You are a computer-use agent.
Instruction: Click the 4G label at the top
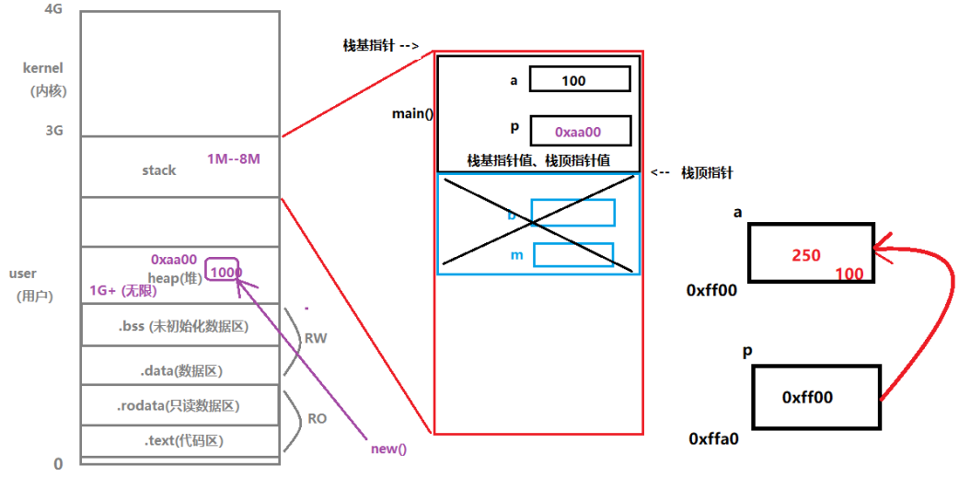(x=52, y=9)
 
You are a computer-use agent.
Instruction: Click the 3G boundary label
(x=53, y=130)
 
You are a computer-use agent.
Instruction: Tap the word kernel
(x=43, y=68)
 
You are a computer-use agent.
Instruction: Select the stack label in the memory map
(x=158, y=170)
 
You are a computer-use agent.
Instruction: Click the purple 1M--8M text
(x=234, y=158)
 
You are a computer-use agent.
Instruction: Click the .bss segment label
(x=182, y=326)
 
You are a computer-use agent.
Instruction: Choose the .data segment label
(x=181, y=370)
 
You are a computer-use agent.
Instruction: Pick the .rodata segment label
(x=184, y=405)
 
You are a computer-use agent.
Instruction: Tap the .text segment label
(x=183, y=441)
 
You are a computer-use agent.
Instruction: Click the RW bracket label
(x=316, y=338)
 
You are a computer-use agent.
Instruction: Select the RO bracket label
(x=317, y=418)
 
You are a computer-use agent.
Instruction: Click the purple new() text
(x=388, y=449)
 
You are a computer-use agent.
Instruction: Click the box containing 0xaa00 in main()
(x=579, y=131)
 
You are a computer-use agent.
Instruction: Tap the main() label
(x=411, y=114)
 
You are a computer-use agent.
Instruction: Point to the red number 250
(x=805, y=255)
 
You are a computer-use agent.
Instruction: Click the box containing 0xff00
(x=815, y=397)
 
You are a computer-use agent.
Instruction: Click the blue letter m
(x=516, y=255)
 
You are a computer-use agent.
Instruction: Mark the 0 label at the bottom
(x=58, y=464)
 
